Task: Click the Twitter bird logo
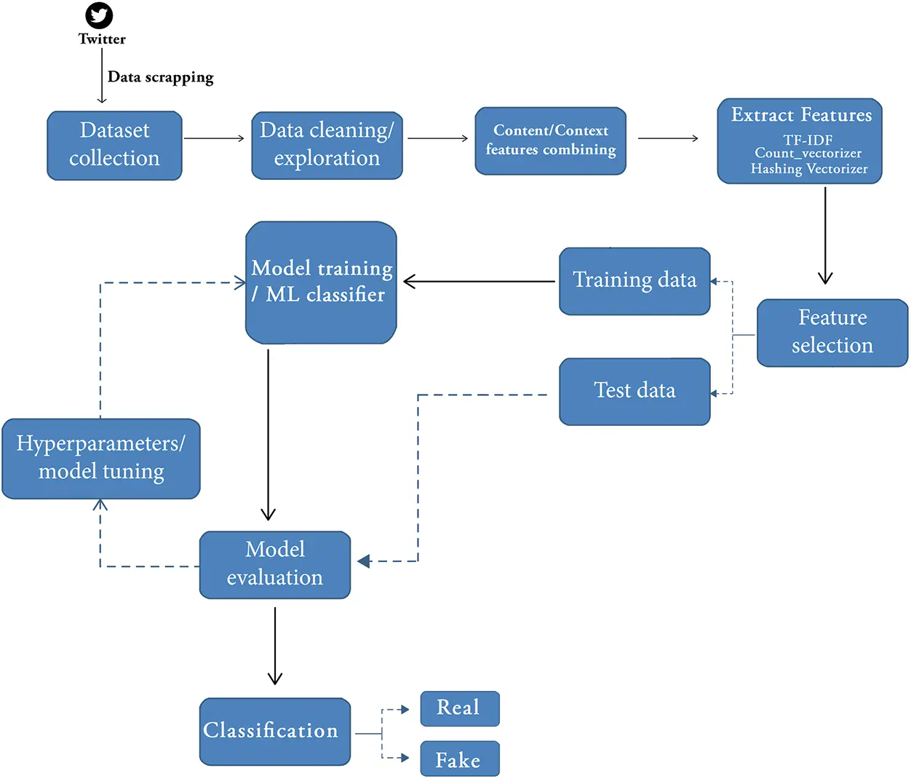pos(99,15)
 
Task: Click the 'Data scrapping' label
pos(160,77)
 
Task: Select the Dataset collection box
pos(114,145)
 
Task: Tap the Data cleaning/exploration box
pos(327,145)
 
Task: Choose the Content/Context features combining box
pos(550,141)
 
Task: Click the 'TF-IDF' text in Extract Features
pos(808,140)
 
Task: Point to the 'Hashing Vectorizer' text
pos(808,169)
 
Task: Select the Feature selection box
pos(832,332)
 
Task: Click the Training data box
pos(634,281)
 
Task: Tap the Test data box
pos(634,391)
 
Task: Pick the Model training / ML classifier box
pos(321,282)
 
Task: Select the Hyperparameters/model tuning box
pos(101,458)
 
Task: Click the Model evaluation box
pos(274,564)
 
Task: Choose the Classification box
pos(274,731)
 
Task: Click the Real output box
pos(459,708)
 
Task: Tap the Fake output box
pos(459,759)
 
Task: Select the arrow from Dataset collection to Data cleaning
pos(214,138)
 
